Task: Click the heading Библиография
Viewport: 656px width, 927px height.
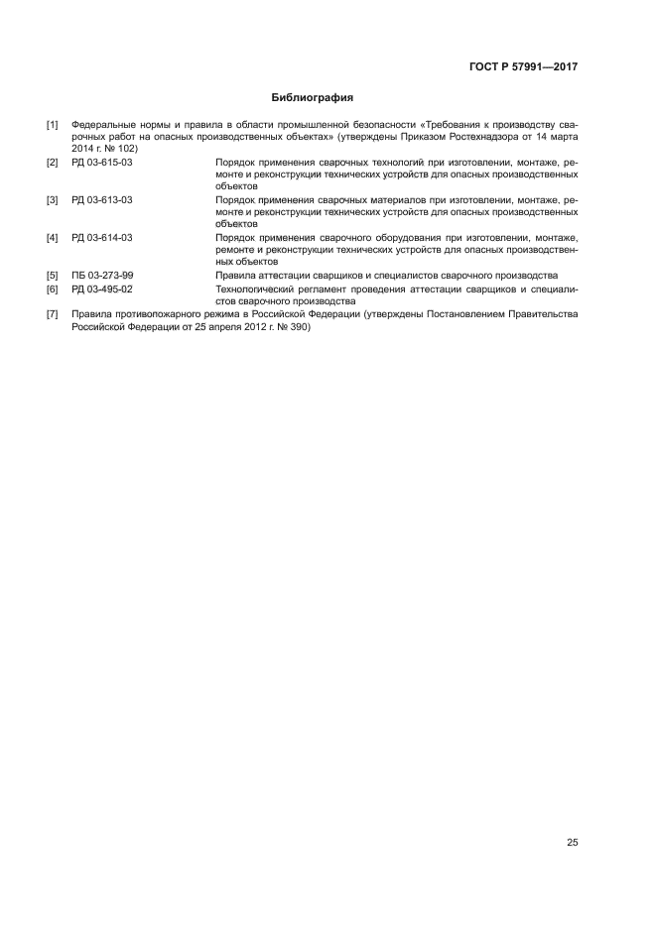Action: tap(313, 98)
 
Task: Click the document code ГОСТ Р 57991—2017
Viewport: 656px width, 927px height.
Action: tap(523, 68)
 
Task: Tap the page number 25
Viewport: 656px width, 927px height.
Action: tap(572, 843)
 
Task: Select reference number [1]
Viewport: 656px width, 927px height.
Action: tap(53, 125)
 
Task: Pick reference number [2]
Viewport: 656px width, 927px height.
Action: tap(53, 161)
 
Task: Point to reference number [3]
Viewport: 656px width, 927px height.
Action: tap(53, 199)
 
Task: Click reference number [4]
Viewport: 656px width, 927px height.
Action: tap(53, 238)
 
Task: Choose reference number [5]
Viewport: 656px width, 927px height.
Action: tap(53, 275)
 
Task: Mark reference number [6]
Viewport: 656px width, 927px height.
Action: tap(53, 289)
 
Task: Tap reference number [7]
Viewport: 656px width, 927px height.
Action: tap(53, 314)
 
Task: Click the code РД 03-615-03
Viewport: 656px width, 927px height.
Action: tap(101, 161)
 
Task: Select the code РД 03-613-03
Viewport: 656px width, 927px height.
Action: tap(101, 199)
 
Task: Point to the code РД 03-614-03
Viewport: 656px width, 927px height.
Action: tap(101, 238)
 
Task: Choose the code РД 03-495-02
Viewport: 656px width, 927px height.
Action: tap(101, 289)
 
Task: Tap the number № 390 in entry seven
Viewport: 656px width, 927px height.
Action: tap(294, 327)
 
